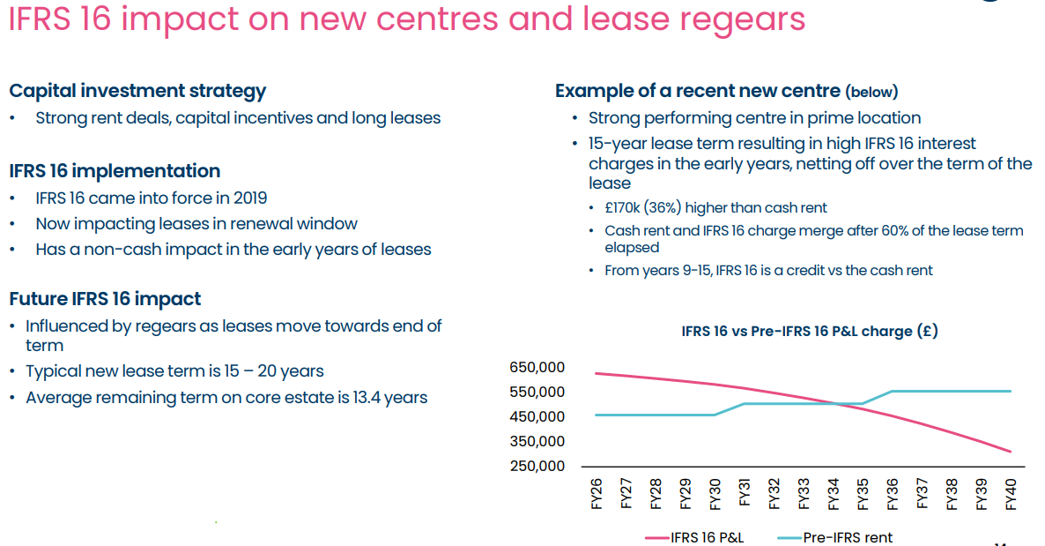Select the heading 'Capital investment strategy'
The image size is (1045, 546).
(137, 90)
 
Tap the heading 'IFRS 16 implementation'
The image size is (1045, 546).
(115, 171)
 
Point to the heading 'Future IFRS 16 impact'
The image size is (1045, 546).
(105, 299)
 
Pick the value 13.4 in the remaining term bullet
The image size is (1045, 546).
(352, 398)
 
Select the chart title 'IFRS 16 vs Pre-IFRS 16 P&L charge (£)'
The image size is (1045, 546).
(809, 332)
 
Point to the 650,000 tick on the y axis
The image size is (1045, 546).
(537, 367)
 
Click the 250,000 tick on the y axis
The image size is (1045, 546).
(537, 466)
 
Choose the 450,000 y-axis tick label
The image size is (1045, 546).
(537, 416)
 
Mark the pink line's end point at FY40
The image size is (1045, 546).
(1011, 452)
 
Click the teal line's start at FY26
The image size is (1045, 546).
(597, 415)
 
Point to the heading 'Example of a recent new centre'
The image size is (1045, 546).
(697, 91)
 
